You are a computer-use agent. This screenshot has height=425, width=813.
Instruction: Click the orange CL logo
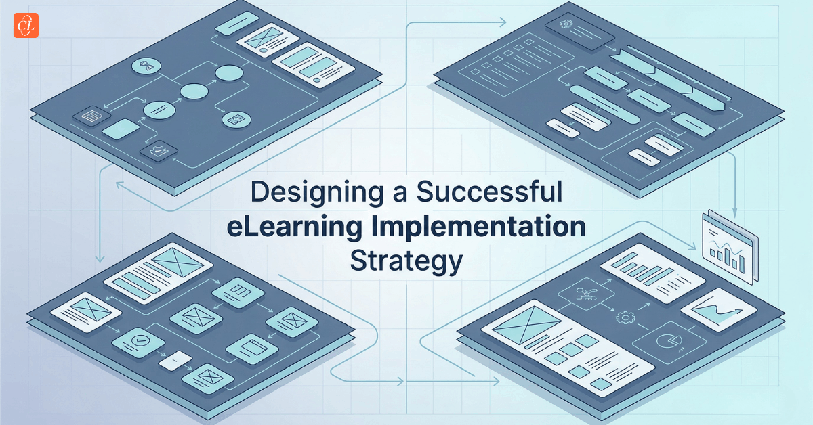[x=26, y=25]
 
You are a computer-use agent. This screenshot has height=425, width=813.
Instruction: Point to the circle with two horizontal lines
[x=159, y=108]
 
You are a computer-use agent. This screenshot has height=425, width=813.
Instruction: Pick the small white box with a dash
[x=175, y=361]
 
